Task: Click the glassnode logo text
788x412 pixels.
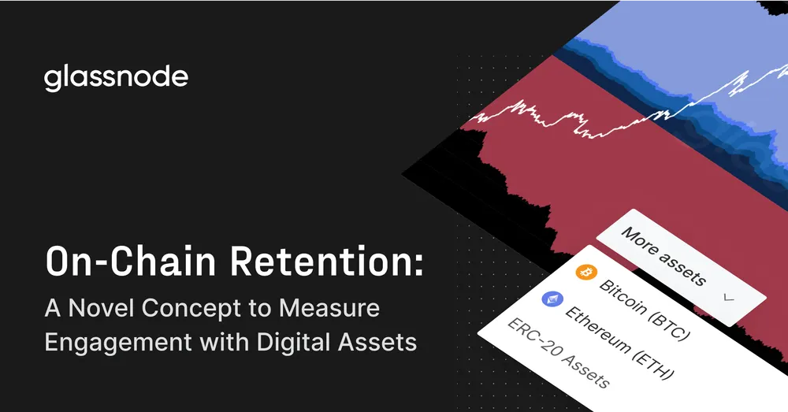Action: click(117, 78)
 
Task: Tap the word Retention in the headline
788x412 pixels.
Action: click(322, 262)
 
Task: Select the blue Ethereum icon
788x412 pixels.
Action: click(549, 299)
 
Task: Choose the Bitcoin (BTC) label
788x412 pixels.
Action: click(643, 308)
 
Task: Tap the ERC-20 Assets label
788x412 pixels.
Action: click(558, 354)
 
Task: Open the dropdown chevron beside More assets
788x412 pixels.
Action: click(727, 298)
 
